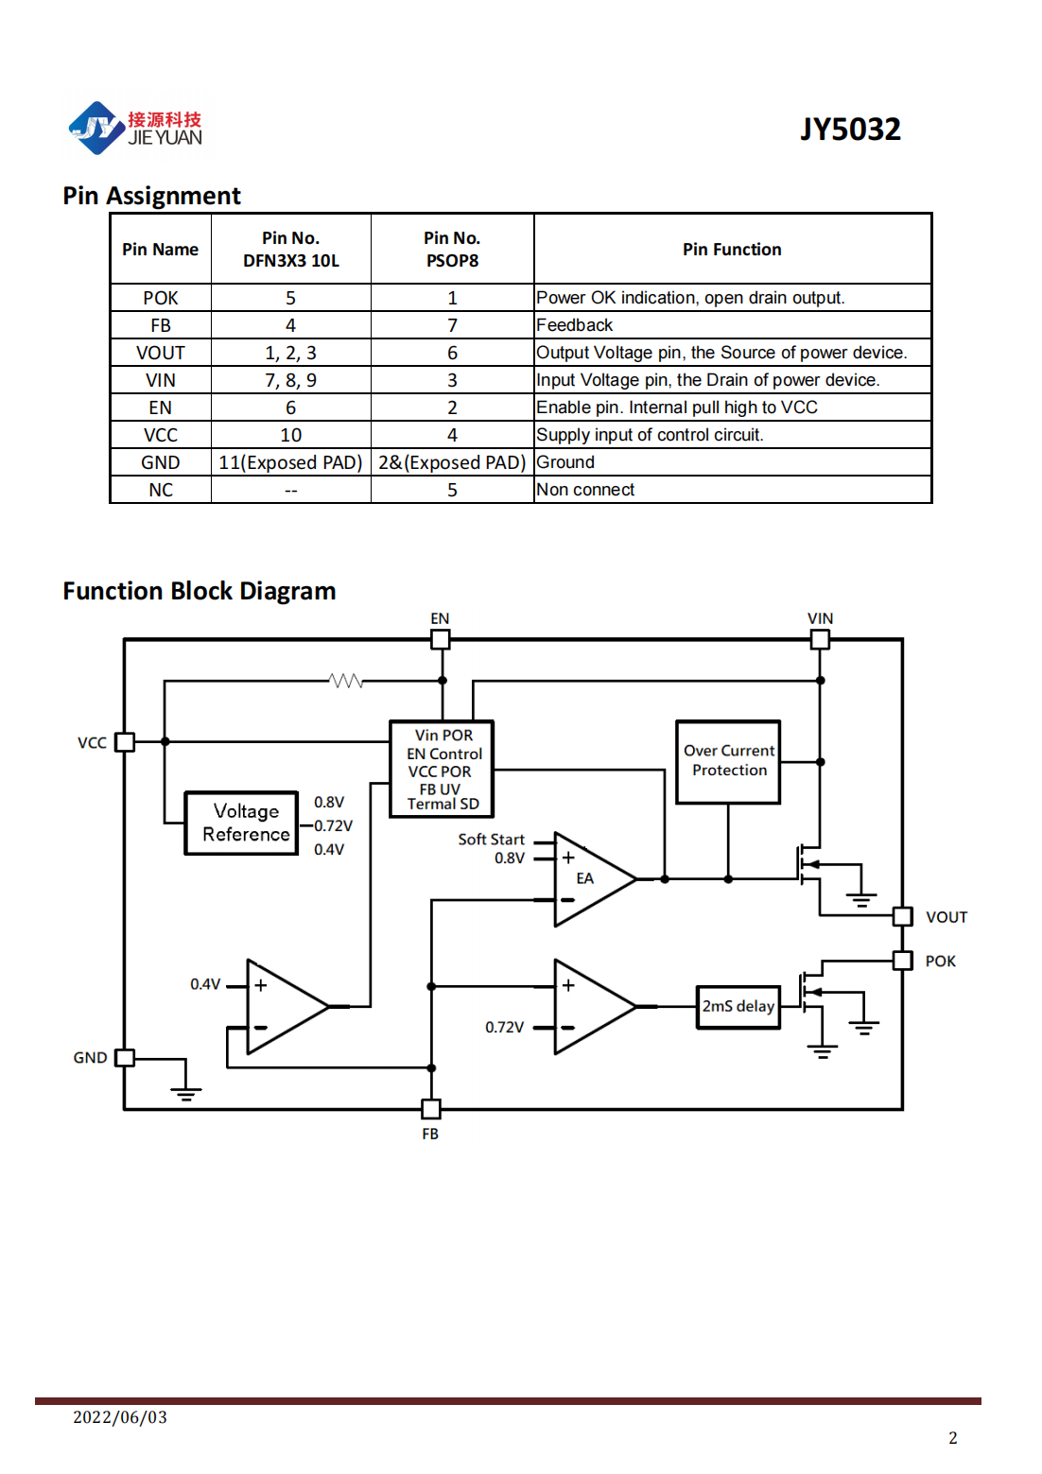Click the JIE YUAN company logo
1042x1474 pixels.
coord(135,128)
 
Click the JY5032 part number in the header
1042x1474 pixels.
coord(850,129)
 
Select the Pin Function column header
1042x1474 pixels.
coord(732,250)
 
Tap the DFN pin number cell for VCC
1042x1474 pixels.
coord(291,435)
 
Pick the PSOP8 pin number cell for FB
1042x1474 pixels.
coord(452,325)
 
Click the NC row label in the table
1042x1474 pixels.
coord(161,490)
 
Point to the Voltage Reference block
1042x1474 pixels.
coord(241,823)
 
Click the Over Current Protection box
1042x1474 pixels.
coord(728,761)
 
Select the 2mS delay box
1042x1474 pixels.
coord(738,1006)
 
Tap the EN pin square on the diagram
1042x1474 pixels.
coord(441,639)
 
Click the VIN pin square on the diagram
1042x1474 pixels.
coord(820,639)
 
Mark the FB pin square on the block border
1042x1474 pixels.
coord(431,1109)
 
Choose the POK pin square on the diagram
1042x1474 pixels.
coord(902,961)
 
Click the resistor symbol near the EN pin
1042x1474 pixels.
coord(346,681)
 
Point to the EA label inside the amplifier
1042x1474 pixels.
coord(584,878)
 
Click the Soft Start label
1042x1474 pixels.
coord(491,839)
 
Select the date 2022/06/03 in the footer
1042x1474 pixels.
coord(120,1416)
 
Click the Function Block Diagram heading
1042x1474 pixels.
coord(200,591)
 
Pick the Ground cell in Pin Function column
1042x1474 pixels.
coord(565,462)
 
